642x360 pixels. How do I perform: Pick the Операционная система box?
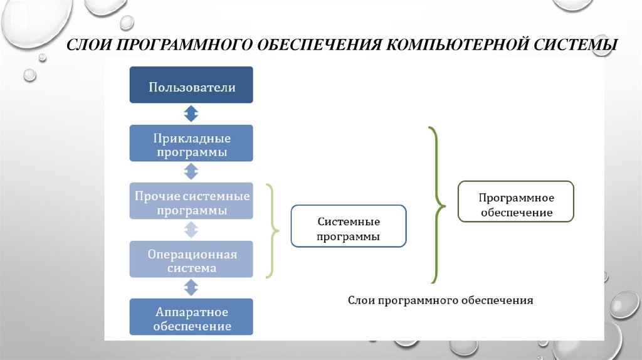pyautogui.click(x=191, y=259)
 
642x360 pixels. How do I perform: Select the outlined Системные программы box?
pyautogui.click(x=348, y=226)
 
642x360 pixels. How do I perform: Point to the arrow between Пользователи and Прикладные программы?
pyautogui.click(x=191, y=114)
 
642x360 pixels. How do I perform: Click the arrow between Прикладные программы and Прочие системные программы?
pyautogui.click(x=191, y=172)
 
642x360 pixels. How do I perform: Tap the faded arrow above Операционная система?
pyautogui.click(x=191, y=230)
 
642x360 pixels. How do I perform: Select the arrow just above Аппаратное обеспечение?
pyautogui.click(x=191, y=288)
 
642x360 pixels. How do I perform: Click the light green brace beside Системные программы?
pyautogui.click(x=273, y=230)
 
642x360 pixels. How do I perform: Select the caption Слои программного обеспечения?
pyautogui.click(x=440, y=301)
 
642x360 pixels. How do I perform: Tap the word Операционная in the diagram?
pyautogui.click(x=192, y=253)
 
